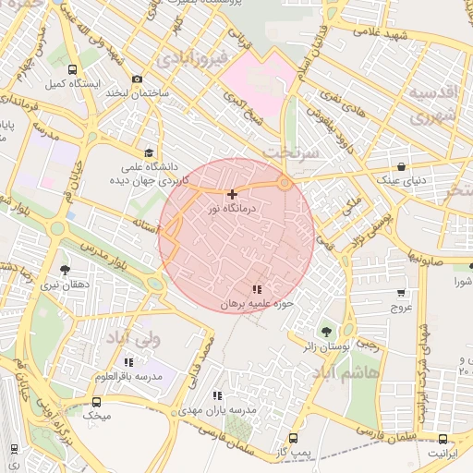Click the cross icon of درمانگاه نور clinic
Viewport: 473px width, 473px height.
pos(231,194)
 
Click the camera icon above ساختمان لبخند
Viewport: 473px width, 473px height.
pos(138,79)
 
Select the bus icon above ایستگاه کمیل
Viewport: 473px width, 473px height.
pos(73,69)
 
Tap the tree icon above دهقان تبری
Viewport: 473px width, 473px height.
pos(64,270)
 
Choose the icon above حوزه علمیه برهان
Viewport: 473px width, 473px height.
pos(256,290)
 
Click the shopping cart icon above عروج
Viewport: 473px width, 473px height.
pos(401,293)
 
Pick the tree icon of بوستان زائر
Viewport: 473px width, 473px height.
pos(325,331)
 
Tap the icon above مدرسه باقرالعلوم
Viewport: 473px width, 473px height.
pos(128,362)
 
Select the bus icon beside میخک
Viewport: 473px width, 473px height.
pos(96,402)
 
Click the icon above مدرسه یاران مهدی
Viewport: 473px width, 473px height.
pos(217,394)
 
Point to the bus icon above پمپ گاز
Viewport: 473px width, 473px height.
pos(294,438)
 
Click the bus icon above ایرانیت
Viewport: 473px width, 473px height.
pos(443,440)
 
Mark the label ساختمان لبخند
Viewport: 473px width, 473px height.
pos(138,93)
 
